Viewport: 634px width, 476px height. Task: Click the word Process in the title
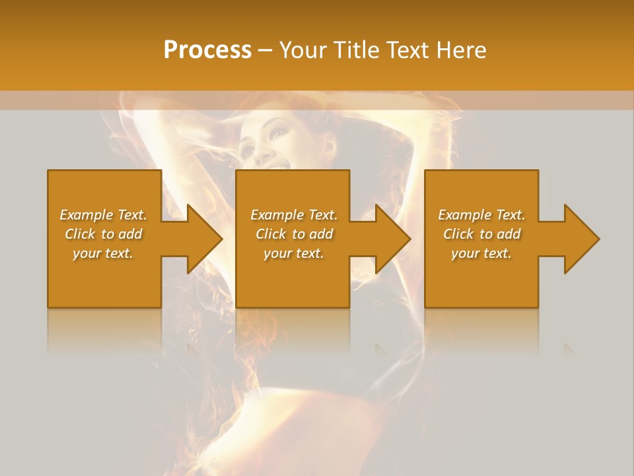pos(207,50)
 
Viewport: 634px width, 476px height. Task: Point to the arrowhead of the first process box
pos(205,239)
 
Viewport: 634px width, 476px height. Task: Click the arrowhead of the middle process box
pos(393,239)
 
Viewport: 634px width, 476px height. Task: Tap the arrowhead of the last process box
pos(582,239)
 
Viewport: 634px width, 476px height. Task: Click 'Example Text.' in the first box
pos(103,215)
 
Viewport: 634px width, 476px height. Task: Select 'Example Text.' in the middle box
pos(294,215)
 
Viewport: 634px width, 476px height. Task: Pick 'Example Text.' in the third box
pos(481,215)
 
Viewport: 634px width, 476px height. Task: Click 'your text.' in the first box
pos(103,253)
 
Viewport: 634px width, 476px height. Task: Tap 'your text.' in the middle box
pos(294,253)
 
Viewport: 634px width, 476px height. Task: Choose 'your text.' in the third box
pos(481,253)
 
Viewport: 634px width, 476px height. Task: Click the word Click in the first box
pos(80,234)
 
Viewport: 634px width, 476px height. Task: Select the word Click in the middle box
pos(271,234)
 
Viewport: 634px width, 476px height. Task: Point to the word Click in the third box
pos(458,234)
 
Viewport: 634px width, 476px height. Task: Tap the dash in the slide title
pos(265,50)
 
